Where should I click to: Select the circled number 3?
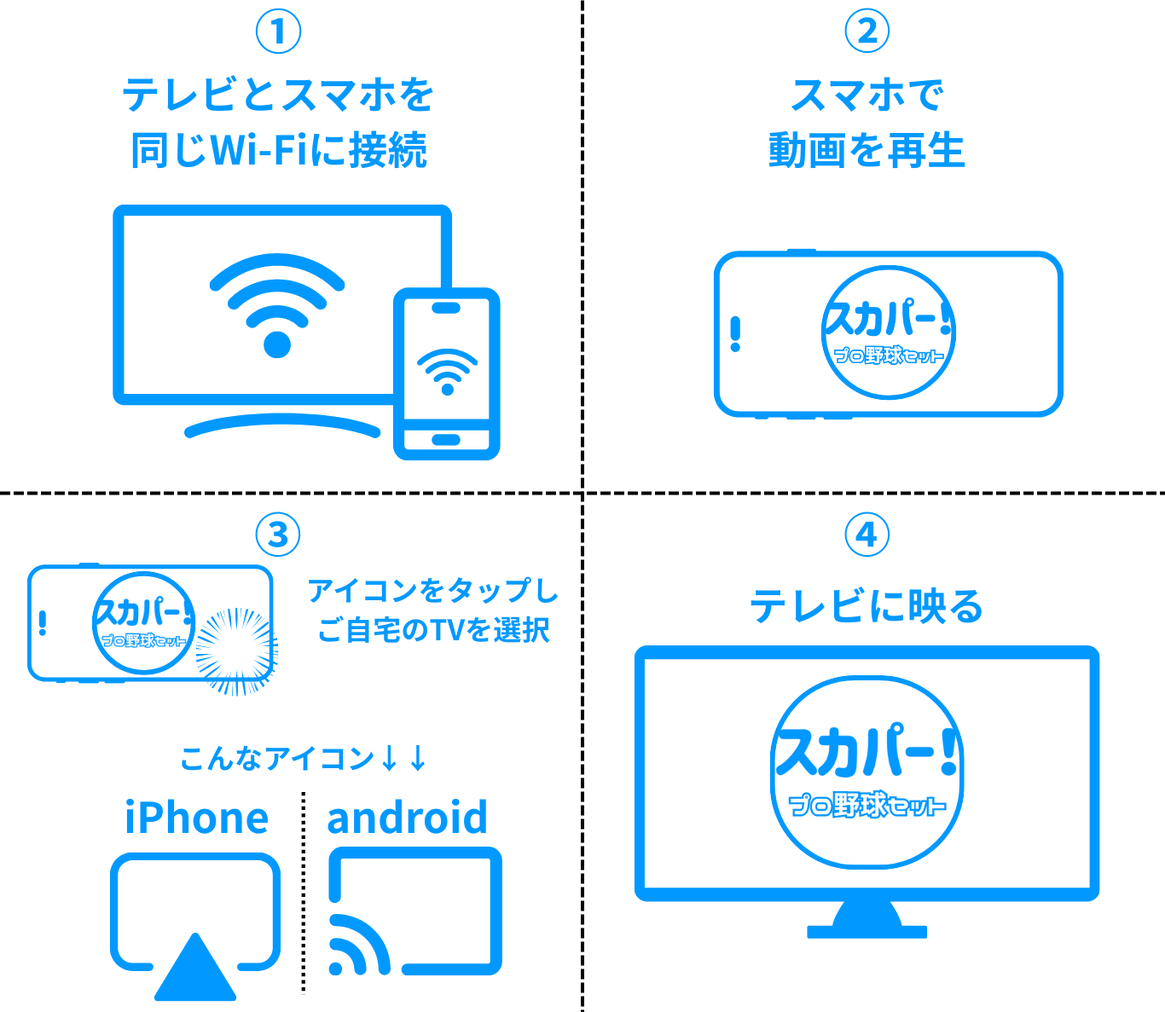pyautogui.click(x=278, y=535)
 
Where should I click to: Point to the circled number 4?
pyautogui.click(x=867, y=535)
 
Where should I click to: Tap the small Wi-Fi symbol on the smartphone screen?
pyautogui.click(x=447, y=371)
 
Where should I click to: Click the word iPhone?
pyautogui.click(x=196, y=817)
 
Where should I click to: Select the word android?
pyautogui.click(x=407, y=817)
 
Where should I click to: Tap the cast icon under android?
pyautogui.click(x=415, y=911)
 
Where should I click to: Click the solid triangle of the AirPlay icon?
pyautogui.click(x=195, y=972)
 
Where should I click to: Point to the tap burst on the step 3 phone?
pyautogui.click(x=236, y=651)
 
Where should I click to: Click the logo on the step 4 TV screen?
pyautogui.click(x=867, y=772)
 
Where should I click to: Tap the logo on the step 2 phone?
pyautogui.click(x=888, y=332)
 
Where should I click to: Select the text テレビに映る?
pyautogui.click(x=867, y=607)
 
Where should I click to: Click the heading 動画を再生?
pyautogui.click(x=867, y=151)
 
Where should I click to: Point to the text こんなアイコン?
pyautogui.click(x=277, y=758)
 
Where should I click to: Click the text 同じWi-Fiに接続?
pyautogui.click(x=278, y=151)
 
